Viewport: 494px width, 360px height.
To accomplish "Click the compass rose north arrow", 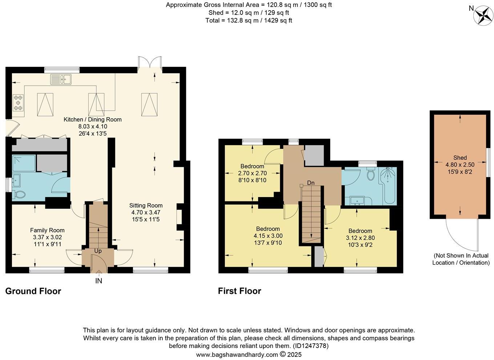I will click(483, 16).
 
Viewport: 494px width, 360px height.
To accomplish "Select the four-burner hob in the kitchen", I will click(18, 103).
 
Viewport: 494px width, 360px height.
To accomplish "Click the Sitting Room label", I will click(146, 205).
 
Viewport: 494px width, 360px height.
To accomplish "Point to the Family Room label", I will click(47, 230).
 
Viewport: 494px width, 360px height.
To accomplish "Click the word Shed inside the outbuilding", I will click(460, 157).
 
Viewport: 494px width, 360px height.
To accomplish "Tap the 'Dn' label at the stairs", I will click(311, 183).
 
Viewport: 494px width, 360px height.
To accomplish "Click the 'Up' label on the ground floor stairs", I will click(98, 251).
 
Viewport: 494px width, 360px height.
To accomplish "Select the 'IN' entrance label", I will click(98, 281).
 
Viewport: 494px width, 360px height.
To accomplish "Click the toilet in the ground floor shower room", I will click(19, 195).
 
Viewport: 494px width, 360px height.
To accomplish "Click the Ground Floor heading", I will click(33, 291).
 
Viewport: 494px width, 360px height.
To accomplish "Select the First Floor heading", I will click(239, 291).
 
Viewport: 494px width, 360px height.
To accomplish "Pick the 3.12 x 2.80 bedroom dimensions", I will click(360, 238).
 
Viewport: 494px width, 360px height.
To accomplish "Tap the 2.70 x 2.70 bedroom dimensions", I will click(252, 173).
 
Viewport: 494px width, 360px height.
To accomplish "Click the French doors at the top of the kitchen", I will click(150, 62).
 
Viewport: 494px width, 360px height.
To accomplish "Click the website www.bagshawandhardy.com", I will click(237, 355).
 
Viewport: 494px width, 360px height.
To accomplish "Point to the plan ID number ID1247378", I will click(311, 346).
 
